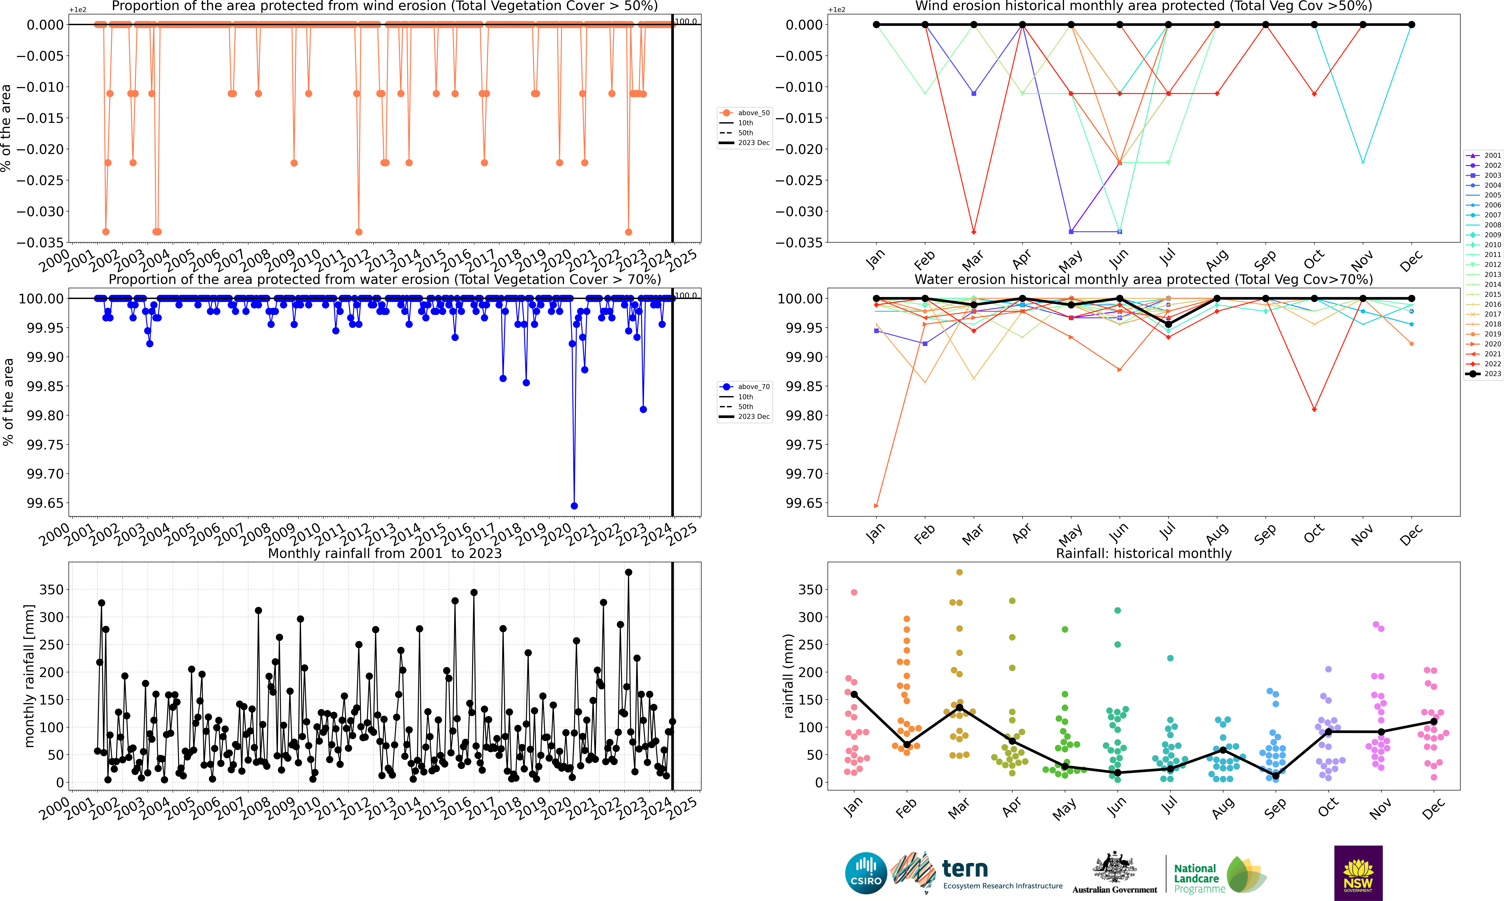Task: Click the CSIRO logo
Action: click(866, 873)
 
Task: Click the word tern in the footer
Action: click(965, 869)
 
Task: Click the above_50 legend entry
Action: click(745, 113)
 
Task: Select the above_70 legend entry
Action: click(745, 387)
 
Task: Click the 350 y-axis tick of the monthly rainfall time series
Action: click(52, 590)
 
